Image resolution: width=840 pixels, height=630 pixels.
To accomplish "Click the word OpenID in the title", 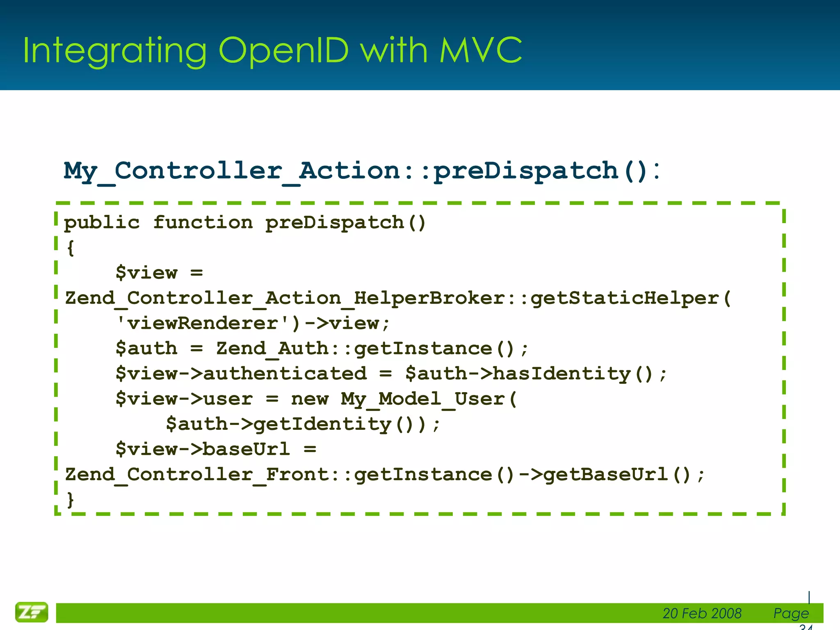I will pos(283,50).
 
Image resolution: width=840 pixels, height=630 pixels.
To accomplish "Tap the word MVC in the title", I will pos(481,50).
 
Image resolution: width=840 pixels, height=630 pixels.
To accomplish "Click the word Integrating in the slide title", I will pos(115,52).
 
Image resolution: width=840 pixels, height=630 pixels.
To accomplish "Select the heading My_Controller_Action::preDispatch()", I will pos(361,171).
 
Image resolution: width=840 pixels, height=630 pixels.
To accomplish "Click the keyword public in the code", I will pos(102,223).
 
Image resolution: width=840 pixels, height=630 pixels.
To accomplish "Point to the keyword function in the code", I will pos(203,223).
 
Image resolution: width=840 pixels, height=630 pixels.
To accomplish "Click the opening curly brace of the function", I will pos(71,248).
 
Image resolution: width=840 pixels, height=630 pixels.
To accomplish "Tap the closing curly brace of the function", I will pos(71,500).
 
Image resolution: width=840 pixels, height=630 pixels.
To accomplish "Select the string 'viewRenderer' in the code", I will pos(203,323).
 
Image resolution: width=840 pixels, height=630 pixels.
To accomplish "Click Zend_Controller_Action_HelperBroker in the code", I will pos(285,298).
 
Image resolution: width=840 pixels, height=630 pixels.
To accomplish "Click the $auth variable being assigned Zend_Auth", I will pos(146,349).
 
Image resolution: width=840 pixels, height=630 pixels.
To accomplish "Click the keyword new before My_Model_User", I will pos(310,399).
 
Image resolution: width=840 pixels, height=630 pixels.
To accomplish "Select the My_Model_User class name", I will pos(422,399).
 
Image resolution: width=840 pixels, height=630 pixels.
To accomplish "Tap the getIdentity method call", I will pos(322,424).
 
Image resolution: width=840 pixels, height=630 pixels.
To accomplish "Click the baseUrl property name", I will pos(246,449).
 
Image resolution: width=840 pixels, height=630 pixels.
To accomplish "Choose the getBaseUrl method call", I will pos(605,475).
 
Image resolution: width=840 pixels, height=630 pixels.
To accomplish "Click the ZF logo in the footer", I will pos(32,612).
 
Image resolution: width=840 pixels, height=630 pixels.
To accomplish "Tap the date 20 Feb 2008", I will pos(702,613).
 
